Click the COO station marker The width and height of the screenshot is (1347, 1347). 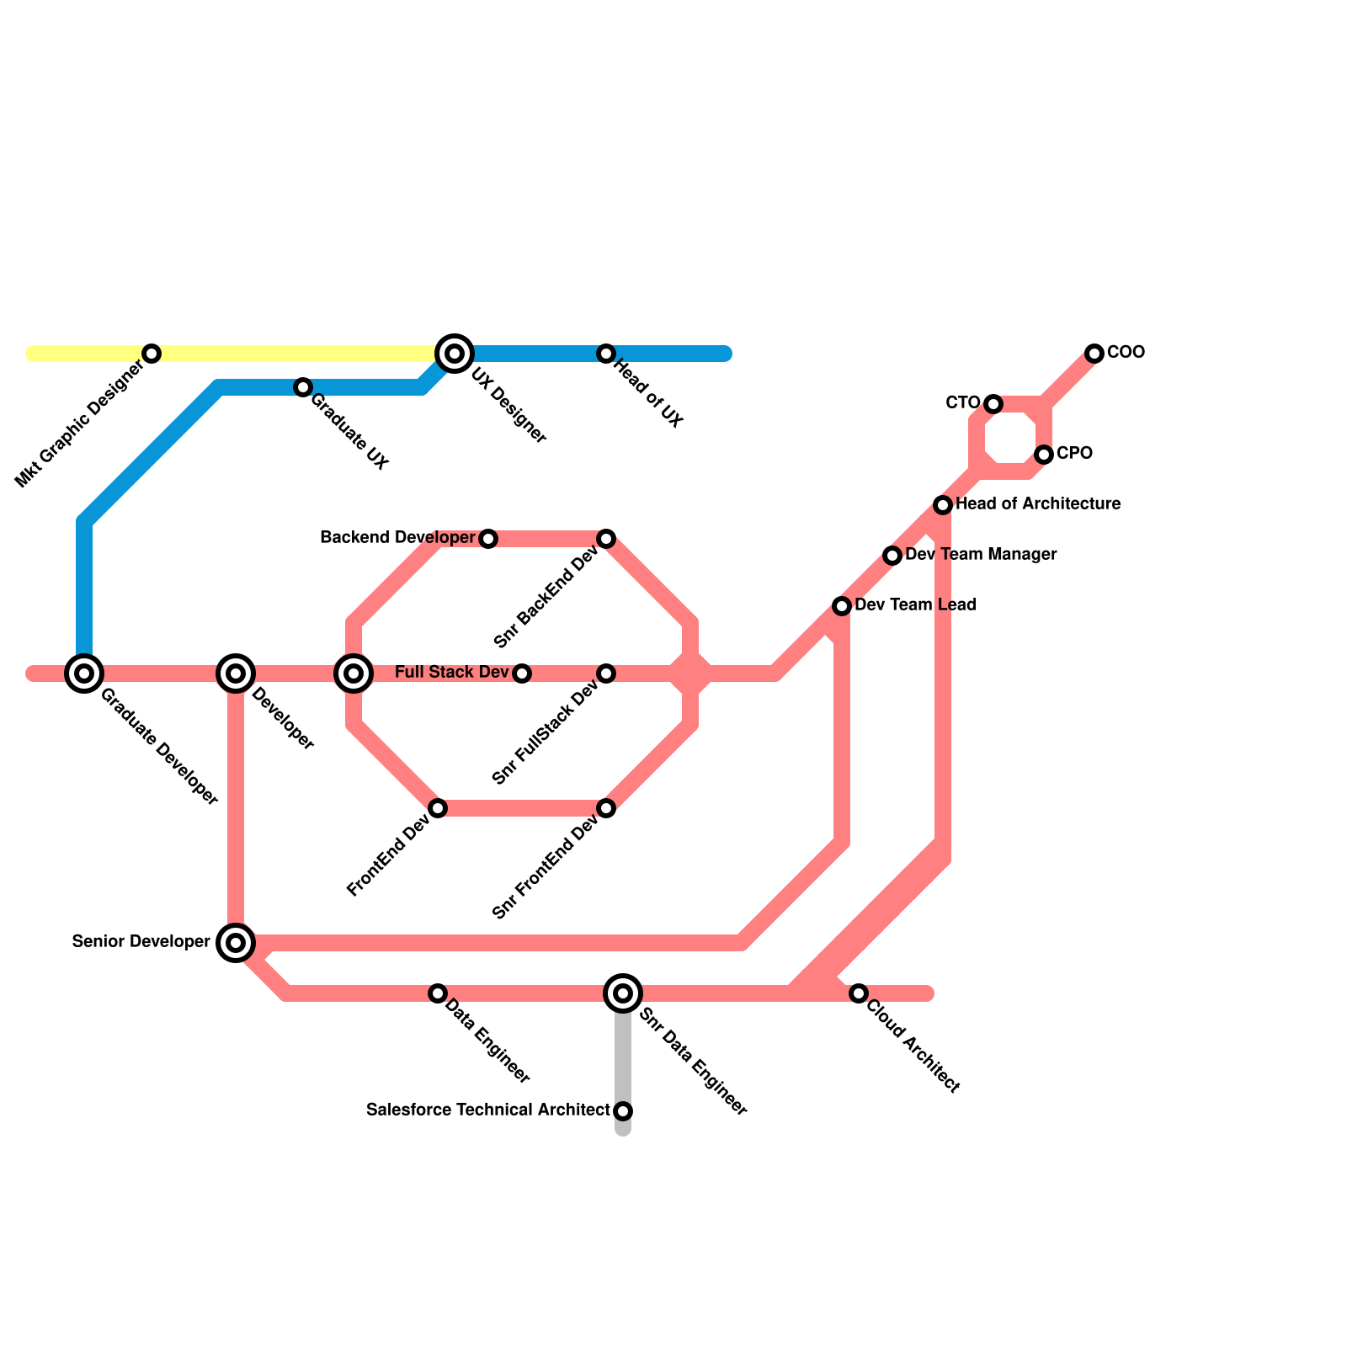[x=1094, y=354]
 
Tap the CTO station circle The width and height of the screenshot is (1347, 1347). [x=993, y=404]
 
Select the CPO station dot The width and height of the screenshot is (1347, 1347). [x=1044, y=455]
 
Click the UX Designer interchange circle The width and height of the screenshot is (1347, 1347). [x=455, y=354]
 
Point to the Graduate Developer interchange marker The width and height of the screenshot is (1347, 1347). [x=84, y=673]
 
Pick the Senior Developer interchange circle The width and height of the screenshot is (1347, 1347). [x=236, y=943]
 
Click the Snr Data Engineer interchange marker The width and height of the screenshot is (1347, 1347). [x=623, y=993]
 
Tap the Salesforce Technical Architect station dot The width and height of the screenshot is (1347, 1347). [x=623, y=1111]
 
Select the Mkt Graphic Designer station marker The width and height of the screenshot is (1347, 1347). [x=152, y=354]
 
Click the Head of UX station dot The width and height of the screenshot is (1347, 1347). [x=606, y=354]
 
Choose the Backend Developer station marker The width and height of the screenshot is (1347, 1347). [x=488, y=539]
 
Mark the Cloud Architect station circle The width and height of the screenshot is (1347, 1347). [x=858, y=993]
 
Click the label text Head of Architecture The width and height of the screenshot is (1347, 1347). [x=1038, y=504]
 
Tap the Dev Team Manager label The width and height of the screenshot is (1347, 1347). [x=981, y=555]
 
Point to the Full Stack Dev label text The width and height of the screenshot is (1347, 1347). [x=451, y=673]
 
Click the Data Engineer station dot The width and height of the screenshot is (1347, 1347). [x=438, y=993]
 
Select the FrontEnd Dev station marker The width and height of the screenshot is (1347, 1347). [x=438, y=808]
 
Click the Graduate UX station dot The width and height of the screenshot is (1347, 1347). [x=303, y=387]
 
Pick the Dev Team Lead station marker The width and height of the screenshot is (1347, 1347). [x=842, y=606]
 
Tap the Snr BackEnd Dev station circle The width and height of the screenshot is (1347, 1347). [x=606, y=539]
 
